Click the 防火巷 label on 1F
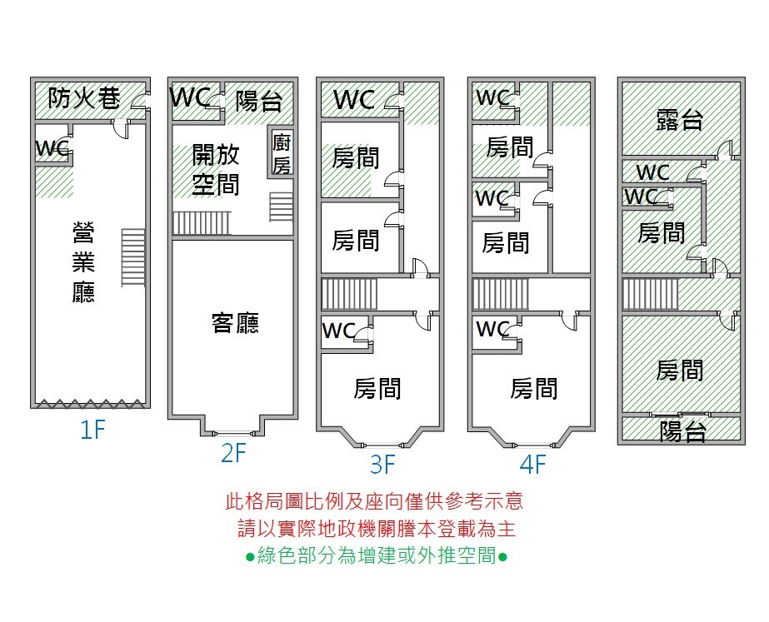84,98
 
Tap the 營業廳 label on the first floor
83,262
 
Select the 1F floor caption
92,430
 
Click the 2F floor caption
233,453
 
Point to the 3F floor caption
382,464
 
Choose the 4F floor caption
532,464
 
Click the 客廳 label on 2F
236,323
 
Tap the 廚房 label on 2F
282,154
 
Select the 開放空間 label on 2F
216,170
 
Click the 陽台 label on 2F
259,102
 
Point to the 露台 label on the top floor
680,121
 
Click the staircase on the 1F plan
133,257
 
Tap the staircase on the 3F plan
349,294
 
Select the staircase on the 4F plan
501,294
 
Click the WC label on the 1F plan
52,148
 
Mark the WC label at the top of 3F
354,100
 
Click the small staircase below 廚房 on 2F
281,207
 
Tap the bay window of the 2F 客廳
233,426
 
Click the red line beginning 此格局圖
374,501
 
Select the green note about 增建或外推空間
376,556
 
